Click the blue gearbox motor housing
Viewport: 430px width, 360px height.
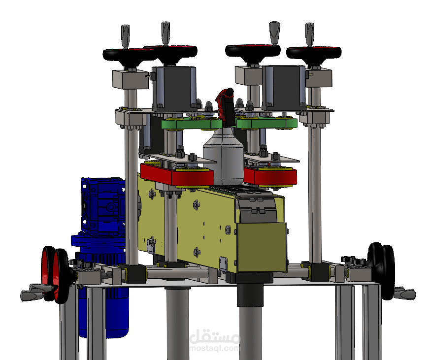[x=103, y=206]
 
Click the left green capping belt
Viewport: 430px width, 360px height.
[x=192, y=124]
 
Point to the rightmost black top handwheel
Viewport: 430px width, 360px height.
[x=314, y=54]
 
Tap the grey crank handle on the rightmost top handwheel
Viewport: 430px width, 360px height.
[x=310, y=34]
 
